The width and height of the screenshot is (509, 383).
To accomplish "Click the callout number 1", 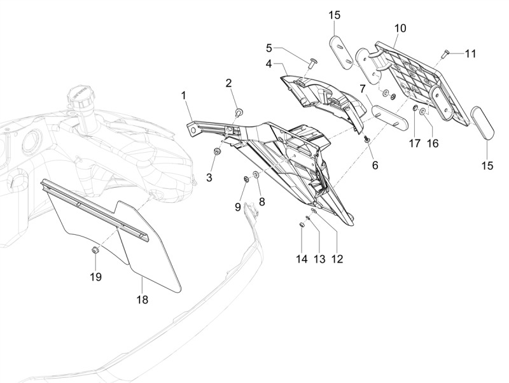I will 183,96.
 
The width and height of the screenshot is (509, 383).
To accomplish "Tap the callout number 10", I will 400,29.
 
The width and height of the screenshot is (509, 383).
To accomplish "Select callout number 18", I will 143,298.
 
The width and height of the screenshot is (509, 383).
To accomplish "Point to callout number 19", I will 96,277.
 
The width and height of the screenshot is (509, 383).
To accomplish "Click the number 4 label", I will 269,64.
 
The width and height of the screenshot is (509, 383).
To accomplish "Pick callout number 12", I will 337,259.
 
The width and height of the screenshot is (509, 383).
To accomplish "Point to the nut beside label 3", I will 218,151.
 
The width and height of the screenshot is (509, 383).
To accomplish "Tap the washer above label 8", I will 256,175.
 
